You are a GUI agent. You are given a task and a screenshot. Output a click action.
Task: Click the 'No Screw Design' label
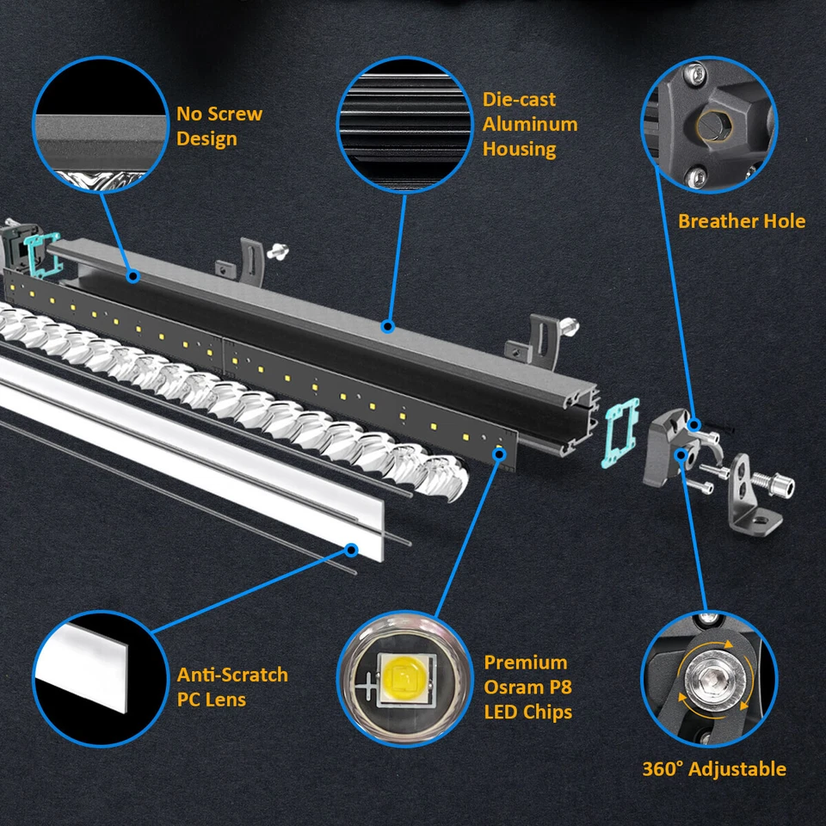pos(219,126)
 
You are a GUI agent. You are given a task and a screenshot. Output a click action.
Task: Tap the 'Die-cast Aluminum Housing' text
pos(529,124)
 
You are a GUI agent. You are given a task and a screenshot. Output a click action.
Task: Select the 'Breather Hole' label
pos(741,221)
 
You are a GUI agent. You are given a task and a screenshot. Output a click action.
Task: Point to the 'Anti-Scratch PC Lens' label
pos(232,687)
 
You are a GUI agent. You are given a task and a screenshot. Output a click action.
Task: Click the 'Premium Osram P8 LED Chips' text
pos(527,687)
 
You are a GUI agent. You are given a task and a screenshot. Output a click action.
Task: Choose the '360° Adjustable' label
pos(713,768)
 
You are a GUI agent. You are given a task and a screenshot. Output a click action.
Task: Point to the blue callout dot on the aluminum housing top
pos(387,327)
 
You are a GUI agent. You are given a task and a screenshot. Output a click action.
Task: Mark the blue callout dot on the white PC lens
pos(351,547)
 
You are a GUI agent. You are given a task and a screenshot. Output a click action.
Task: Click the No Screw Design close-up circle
pos(101,125)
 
